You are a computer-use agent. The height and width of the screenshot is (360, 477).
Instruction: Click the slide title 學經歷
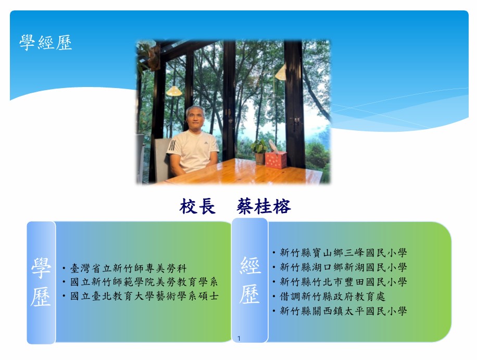tap(46, 42)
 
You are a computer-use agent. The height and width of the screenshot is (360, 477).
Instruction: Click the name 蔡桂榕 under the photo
tap(263, 206)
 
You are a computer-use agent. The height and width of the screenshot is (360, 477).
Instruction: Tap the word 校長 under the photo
tap(197, 206)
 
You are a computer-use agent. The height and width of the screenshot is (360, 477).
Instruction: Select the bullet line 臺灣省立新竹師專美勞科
tap(128, 268)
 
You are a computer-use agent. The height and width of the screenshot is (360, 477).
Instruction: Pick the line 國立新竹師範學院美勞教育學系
tap(144, 282)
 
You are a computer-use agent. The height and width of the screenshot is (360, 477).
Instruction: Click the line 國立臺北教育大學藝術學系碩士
tap(144, 296)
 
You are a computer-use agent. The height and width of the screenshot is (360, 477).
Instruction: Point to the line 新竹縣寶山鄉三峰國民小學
tap(343, 253)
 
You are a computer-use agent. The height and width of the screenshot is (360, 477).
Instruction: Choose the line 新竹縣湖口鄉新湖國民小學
tap(343, 267)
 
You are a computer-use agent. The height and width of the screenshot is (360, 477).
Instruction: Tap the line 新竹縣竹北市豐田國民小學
tap(343, 282)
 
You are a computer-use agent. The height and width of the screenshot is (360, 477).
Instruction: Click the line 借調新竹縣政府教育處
tap(332, 296)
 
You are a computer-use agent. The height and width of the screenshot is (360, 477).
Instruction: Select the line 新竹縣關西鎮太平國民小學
tap(343, 311)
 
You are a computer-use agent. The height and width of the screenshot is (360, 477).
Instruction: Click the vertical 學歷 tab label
tap(41, 282)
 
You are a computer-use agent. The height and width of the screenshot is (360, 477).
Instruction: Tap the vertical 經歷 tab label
tap(250, 280)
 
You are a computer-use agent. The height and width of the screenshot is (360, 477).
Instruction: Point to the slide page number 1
tap(239, 339)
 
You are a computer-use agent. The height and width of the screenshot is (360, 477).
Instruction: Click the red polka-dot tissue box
tap(275, 159)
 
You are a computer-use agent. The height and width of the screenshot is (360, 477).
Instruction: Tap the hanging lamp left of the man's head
tap(174, 91)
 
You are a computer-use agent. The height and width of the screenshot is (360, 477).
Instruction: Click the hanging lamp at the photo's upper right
tap(281, 73)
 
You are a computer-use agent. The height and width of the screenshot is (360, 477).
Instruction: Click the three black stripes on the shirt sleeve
tap(172, 145)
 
